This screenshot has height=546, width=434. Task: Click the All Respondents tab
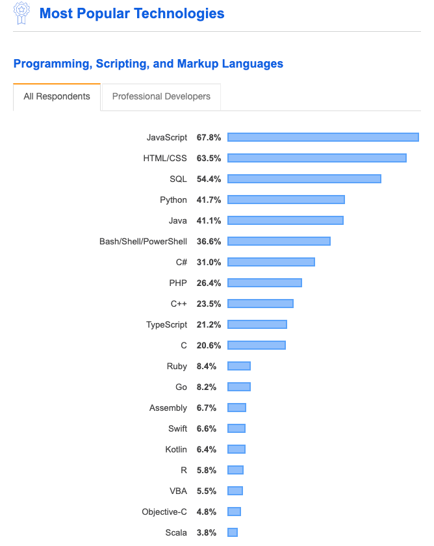pos(57,97)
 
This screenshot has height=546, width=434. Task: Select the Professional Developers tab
pos(161,97)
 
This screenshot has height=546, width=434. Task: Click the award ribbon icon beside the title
pos(21,14)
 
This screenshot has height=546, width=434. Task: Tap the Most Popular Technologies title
pos(132,14)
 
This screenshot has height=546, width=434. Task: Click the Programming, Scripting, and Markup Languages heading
pos(148,64)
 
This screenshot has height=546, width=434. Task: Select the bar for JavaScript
pos(323,137)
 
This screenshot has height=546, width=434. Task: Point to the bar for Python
pos(286,200)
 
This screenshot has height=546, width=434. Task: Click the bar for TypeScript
pos(257,324)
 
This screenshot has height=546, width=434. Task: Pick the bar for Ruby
pos(238,366)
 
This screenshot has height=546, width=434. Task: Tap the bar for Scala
pos(232,532)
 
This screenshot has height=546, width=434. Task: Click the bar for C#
pos(271,262)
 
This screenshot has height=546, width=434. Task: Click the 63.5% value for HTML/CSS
pos(209,158)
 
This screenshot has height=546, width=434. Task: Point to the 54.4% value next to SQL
pos(209,179)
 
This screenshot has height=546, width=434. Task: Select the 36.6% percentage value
pos(209,241)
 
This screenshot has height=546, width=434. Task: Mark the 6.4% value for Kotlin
pos(207,449)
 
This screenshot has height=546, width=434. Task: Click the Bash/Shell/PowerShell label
pos(143,241)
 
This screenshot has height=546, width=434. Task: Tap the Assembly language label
pos(168,408)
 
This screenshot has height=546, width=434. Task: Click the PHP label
pos(178,283)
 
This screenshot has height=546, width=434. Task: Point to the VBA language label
pos(177,491)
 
